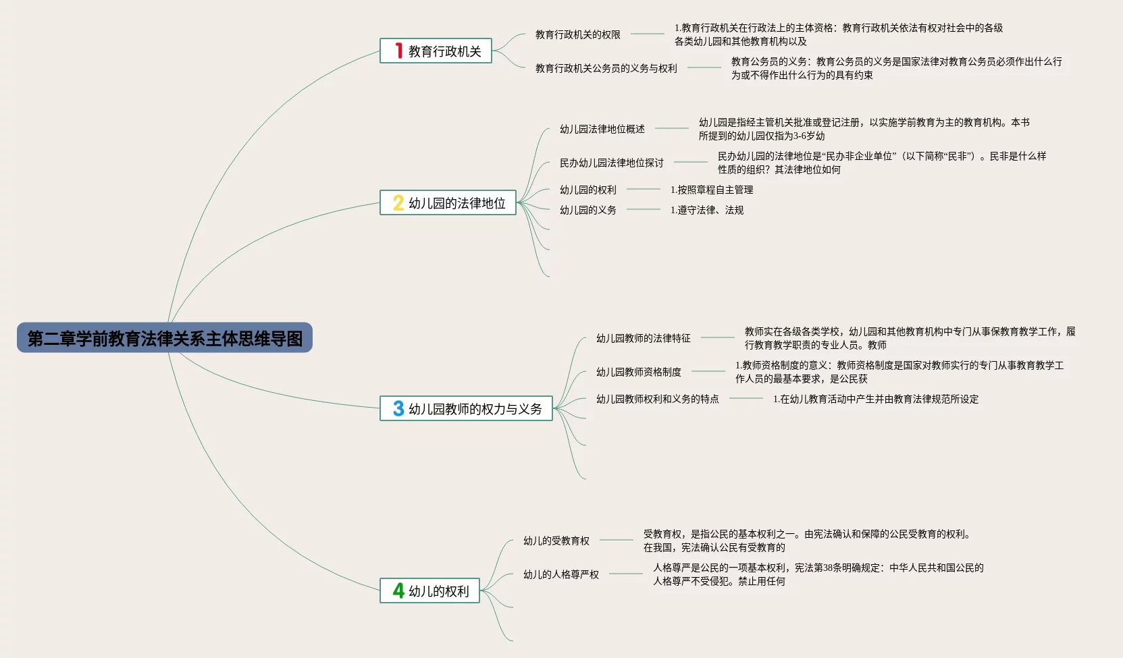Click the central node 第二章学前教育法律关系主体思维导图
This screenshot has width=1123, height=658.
point(165,338)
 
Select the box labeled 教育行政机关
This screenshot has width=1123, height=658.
point(436,51)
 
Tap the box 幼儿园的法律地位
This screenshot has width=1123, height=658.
point(448,203)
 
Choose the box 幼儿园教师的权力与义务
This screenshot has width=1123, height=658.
point(466,409)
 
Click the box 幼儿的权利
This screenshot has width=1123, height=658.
point(429,591)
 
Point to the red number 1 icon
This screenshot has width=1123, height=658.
point(398,51)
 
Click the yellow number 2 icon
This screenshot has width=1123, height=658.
point(398,203)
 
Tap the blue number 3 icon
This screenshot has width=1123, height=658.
point(398,409)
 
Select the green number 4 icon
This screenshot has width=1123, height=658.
point(398,591)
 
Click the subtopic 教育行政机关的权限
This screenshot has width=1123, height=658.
point(577,34)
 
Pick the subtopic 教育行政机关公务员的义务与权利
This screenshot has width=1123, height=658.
point(606,68)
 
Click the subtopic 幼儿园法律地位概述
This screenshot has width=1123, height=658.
point(602,129)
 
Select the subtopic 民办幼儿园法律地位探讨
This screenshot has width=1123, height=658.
point(611,163)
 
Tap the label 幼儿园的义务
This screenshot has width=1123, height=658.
point(587,210)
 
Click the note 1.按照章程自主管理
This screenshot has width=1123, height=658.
point(712,190)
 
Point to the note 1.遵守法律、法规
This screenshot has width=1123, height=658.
point(707,210)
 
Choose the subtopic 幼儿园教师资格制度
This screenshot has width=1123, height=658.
point(638,372)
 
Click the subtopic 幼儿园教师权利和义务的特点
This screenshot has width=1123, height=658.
point(657,399)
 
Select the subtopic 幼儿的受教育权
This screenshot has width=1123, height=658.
point(556,541)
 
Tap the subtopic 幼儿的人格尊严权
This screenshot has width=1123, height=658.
point(560,574)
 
